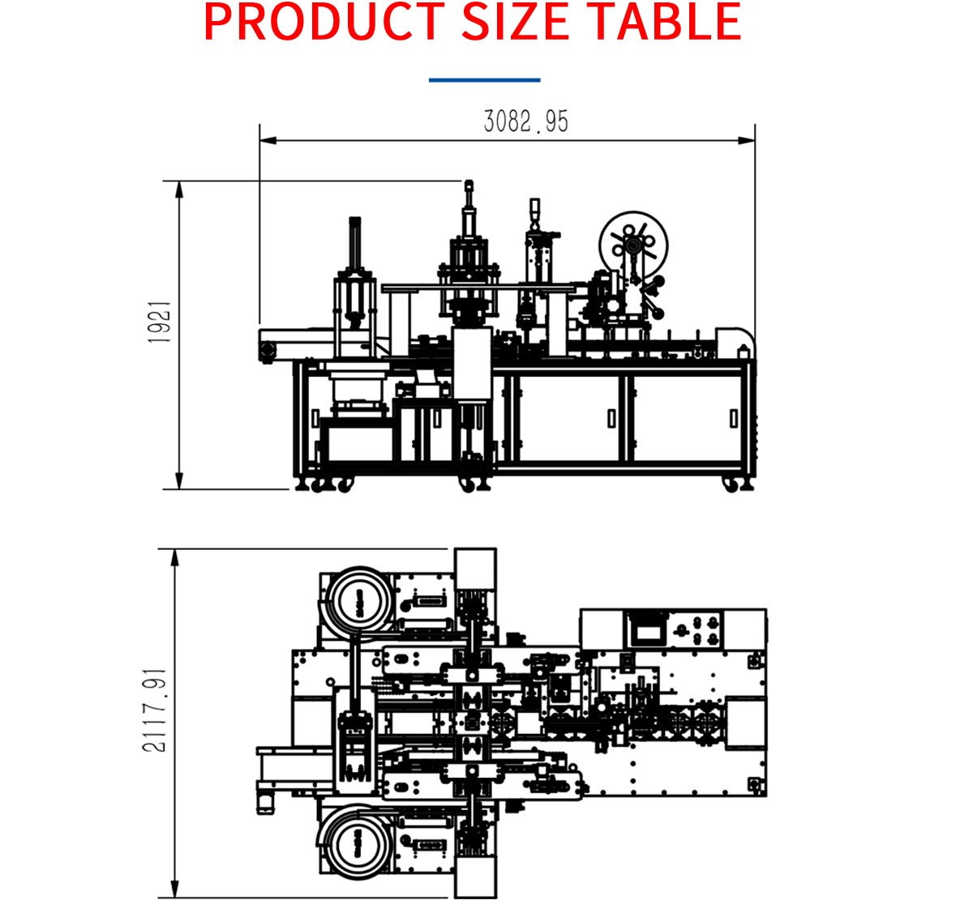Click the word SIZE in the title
[x=515, y=22]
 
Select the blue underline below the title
[x=485, y=79]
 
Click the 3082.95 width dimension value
[x=526, y=122]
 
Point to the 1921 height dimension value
[x=160, y=322]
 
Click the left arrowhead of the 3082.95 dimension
[x=268, y=141]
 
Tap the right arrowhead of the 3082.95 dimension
[x=746, y=141]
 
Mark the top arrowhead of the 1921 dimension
[x=179, y=190]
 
